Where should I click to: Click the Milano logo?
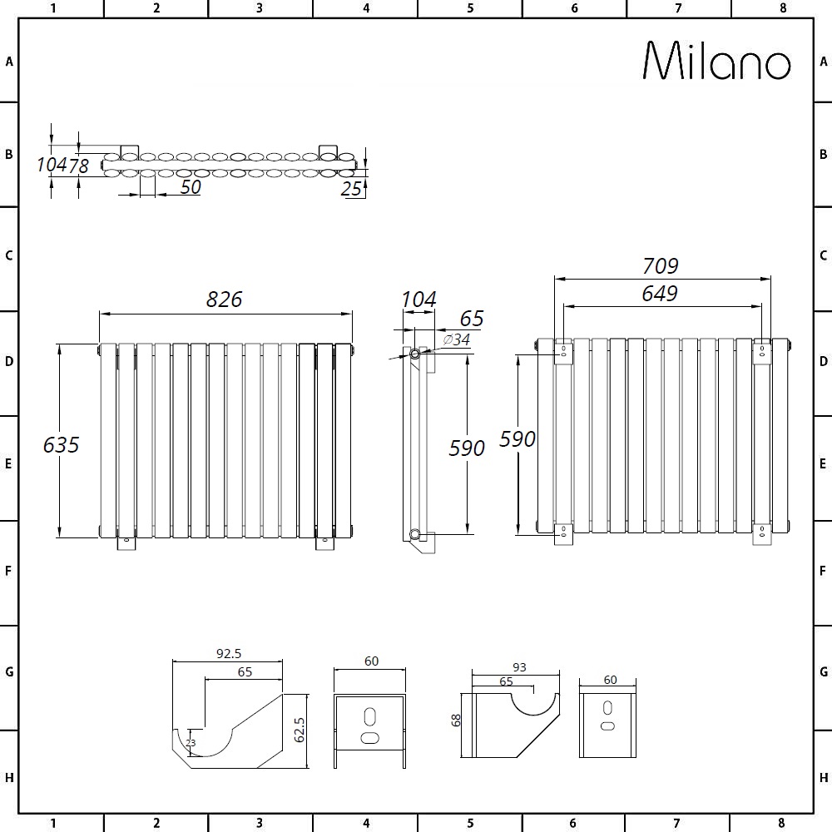[717, 61]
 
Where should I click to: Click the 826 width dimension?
[224, 300]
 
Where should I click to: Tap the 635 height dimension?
[61, 444]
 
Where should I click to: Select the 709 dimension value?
[660, 266]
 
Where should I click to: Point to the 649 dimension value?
[660, 294]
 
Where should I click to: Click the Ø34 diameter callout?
[456, 339]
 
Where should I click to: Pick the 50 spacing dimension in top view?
[191, 186]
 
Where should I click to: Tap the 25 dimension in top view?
[351, 189]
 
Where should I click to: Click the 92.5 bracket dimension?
[229, 654]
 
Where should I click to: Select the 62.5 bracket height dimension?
[300, 730]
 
